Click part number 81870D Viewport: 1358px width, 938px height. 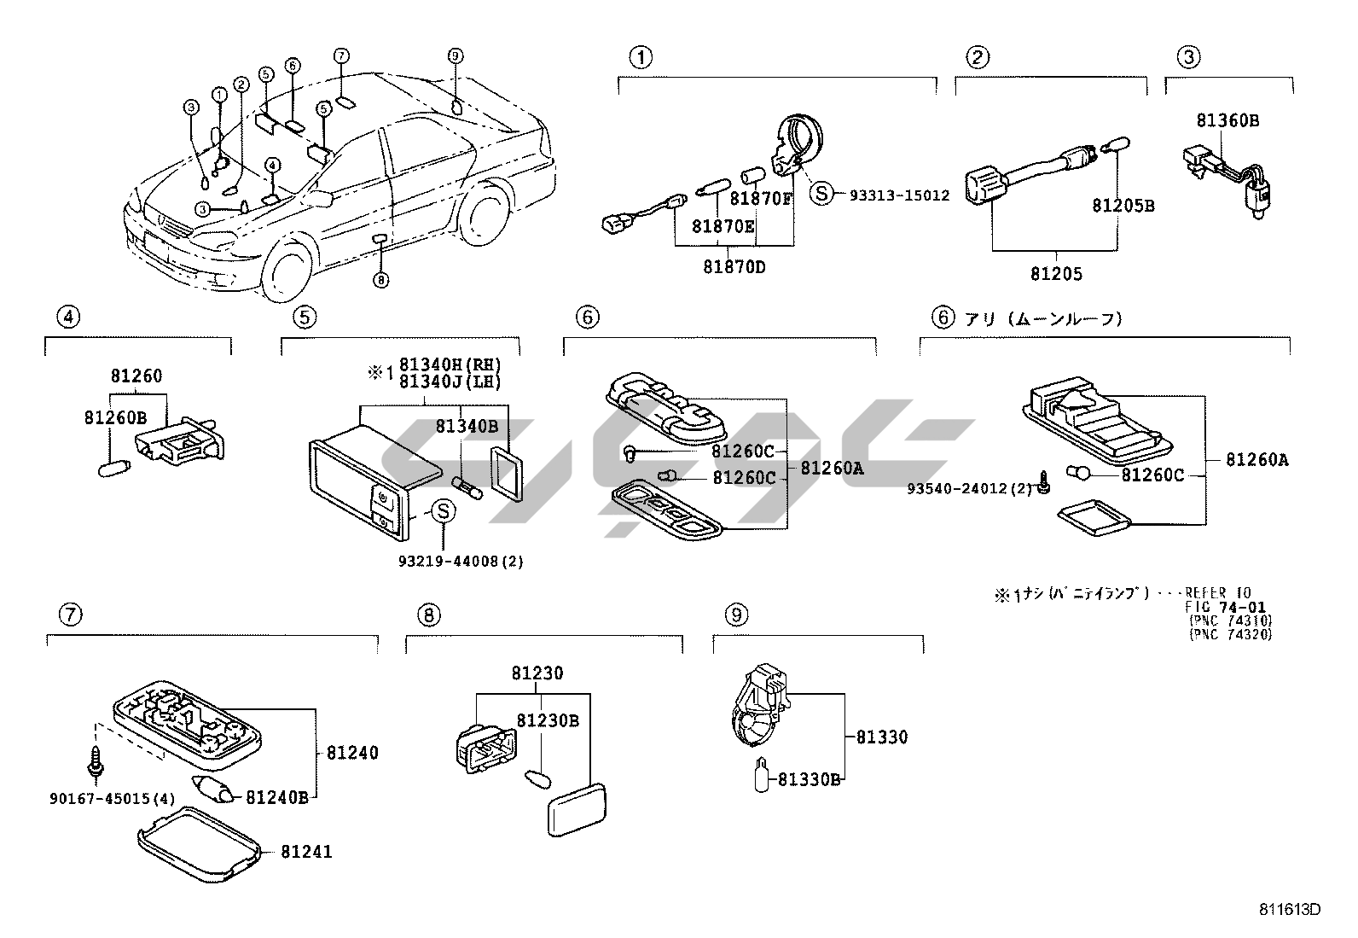pyautogui.click(x=734, y=266)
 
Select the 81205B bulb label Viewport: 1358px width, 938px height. pyautogui.click(x=1123, y=206)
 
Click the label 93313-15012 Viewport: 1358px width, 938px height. pyautogui.click(x=899, y=195)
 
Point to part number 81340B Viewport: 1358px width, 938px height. pyautogui.click(x=467, y=425)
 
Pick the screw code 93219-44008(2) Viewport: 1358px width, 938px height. pyautogui.click(x=461, y=561)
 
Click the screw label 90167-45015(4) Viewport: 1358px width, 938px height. pyautogui.click(x=111, y=799)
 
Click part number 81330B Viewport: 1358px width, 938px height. pyautogui.click(x=810, y=778)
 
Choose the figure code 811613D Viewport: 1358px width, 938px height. pyautogui.click(x=1290, y=909)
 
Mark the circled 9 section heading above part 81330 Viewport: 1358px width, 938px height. pyautogui.click(x=735, y=614)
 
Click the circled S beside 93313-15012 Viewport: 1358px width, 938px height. pyautogui.click(x=821, y=194)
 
